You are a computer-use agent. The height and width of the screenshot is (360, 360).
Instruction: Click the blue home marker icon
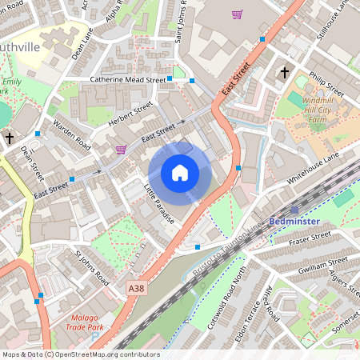tap(180, 173)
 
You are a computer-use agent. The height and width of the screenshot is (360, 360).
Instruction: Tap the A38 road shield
tap(137, 286)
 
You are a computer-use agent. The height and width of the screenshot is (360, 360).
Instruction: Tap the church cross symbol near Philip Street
tap(284, 73)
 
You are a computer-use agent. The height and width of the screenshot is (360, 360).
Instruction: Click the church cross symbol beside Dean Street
tap(9, 138)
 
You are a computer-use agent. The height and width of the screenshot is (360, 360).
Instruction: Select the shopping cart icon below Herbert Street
tap(121, 149)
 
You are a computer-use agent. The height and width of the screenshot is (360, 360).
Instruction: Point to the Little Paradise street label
tap(159, 204)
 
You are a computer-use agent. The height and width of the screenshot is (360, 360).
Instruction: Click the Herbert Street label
tap(130, 112)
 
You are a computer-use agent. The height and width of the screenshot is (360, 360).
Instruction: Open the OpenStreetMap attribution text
tap(81, 354)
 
